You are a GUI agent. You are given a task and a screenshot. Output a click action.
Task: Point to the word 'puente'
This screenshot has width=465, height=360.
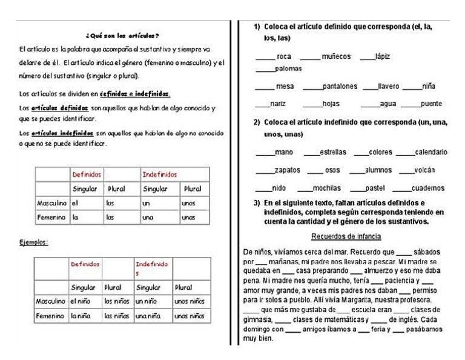coord(430,104)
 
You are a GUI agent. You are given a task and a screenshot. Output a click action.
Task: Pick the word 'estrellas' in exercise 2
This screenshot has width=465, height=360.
coord(334,152)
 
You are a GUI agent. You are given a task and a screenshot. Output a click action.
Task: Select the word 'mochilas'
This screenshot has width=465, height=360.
coord(330,188)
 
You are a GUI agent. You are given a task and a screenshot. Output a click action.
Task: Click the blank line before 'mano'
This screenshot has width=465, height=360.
coord(265,153)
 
